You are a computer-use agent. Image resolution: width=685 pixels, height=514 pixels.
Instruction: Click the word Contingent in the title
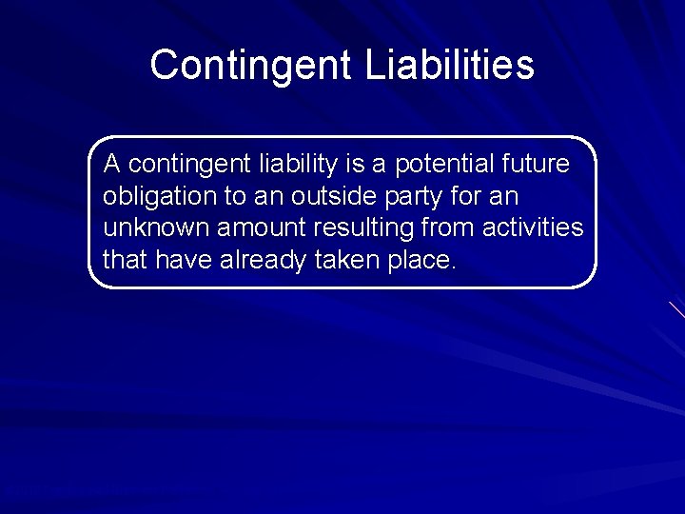(x=250, y=66)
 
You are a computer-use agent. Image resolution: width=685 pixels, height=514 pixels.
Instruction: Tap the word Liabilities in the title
(x=450, y=66)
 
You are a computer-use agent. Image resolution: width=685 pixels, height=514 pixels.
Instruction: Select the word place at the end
(x=420, y=260)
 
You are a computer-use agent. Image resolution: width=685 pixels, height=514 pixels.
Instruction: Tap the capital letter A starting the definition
(x=111, y=165)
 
